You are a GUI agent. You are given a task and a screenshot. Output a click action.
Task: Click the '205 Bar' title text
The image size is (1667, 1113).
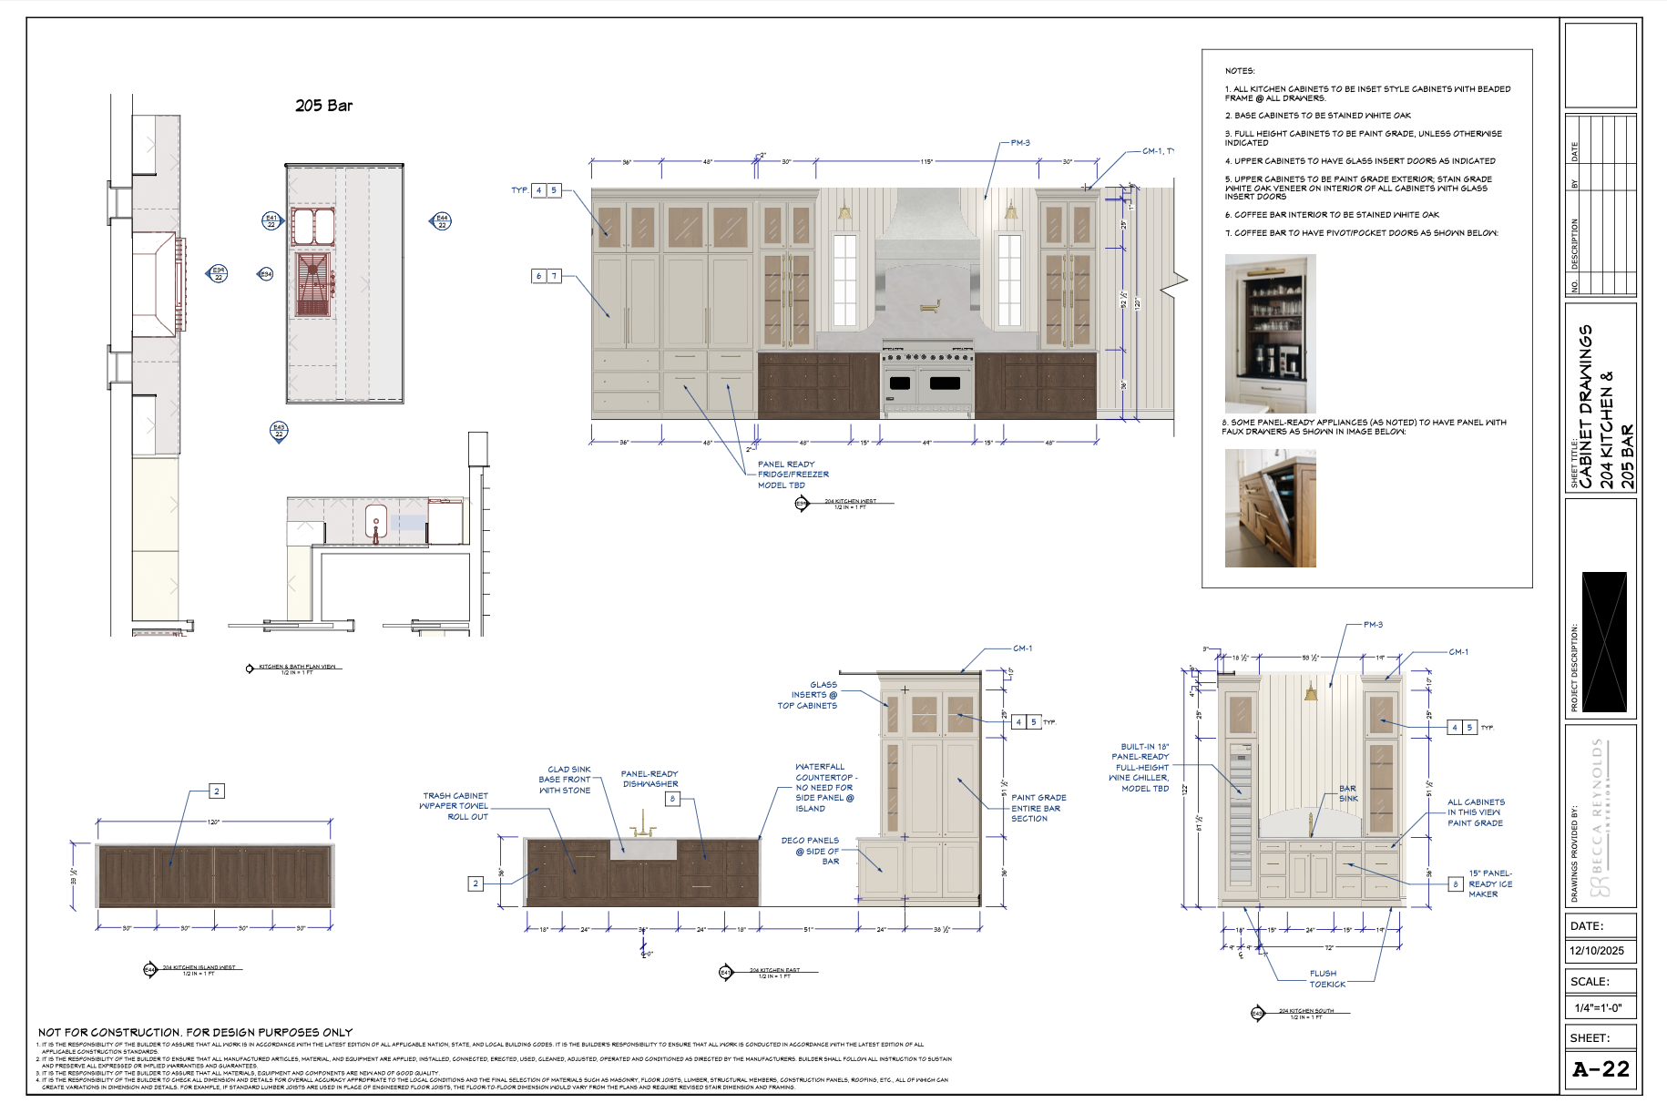[323, 106]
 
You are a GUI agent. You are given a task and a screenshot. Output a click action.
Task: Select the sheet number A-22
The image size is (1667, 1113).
[1601, 1069]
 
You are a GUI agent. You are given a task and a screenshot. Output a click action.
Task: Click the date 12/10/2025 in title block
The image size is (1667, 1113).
[1596, 950]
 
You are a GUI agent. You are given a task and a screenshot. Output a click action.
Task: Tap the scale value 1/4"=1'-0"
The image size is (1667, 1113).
[1598, 1007]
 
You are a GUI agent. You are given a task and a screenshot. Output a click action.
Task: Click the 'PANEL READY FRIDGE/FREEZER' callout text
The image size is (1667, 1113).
[793, 475]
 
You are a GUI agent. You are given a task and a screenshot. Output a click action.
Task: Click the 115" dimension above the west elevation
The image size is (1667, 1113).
[926, 162]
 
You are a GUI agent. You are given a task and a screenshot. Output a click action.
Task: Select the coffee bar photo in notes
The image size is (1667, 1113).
[1270, 333]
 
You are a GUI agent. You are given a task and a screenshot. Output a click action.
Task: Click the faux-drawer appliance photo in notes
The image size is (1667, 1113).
[1270, 508]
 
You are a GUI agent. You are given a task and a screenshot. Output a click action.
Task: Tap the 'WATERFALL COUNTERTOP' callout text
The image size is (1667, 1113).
[823, 788]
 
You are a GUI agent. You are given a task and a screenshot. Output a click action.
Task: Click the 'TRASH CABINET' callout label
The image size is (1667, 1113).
[455, 806]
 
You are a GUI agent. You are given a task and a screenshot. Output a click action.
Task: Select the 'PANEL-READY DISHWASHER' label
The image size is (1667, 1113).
[649, 779]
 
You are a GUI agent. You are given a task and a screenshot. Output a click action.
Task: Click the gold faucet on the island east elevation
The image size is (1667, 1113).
[643, 823]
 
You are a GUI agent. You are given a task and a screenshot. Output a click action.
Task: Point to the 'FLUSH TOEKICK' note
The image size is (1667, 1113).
[1326, 979]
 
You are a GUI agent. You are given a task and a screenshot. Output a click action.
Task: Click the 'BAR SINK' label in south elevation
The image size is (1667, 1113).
[1348, 793]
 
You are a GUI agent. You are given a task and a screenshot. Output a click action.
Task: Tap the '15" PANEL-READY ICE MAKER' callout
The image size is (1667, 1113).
[1489, 883]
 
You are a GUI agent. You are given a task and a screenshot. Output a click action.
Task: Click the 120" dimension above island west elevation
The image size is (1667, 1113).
[214, 822]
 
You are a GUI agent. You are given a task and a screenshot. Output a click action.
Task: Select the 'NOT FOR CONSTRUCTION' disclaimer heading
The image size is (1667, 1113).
[195, 1032]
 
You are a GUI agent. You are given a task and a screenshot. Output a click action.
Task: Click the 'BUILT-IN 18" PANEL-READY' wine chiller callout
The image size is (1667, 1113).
[1141, 767]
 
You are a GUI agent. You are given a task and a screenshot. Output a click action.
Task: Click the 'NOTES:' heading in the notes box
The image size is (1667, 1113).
[1239, 71]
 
